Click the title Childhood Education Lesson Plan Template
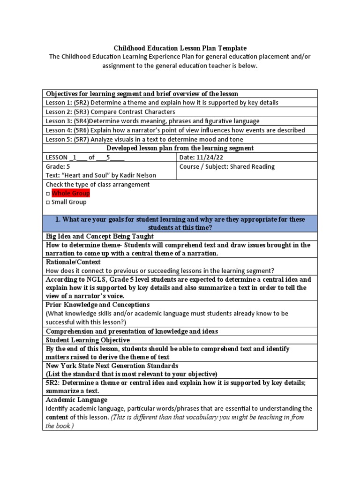click(x=180, y=48)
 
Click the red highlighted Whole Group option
click(x=70, y=193)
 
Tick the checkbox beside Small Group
click(x=48, y=202)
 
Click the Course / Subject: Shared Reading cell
click(x=227, y=166)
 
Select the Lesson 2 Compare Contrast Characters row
click(x=110, y=112)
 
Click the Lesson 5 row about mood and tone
click(x=144, y=139)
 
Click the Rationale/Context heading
click(x=73, y=262)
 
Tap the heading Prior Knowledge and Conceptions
click(x=97, y=305)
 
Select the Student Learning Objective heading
click(x=88, y=340)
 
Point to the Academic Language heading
click(x=76, y=400)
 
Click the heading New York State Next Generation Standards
click(x=112, y=366)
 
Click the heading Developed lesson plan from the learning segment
click(x=180, y=148)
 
